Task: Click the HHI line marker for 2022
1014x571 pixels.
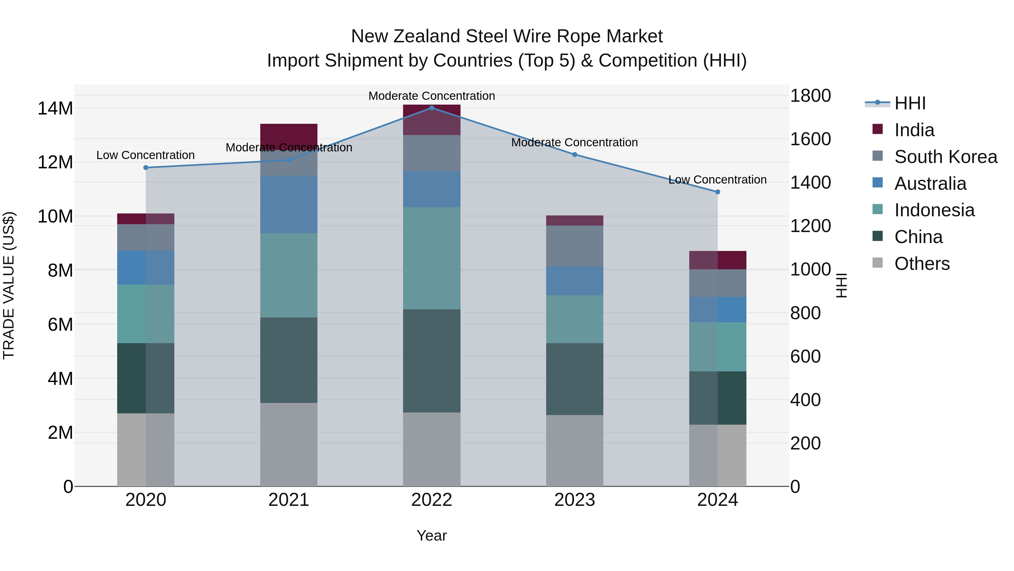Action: (x=432, y=108)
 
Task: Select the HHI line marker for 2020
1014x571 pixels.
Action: (x=146, y=167)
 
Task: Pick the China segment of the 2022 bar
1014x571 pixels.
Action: (x=432, y=361)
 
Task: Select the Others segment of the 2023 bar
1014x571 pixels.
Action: (x=574, y=450)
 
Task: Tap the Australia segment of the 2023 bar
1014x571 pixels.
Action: (x=574, y=281)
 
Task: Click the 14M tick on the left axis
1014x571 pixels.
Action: (x=55, y=108)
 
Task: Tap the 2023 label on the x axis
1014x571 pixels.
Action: (x=574, y=500)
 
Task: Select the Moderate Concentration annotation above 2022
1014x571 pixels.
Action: (x=432, y=96)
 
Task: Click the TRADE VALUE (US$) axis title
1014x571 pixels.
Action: (x=9, y=285)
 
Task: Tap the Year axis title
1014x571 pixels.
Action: (x=432, y=535)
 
